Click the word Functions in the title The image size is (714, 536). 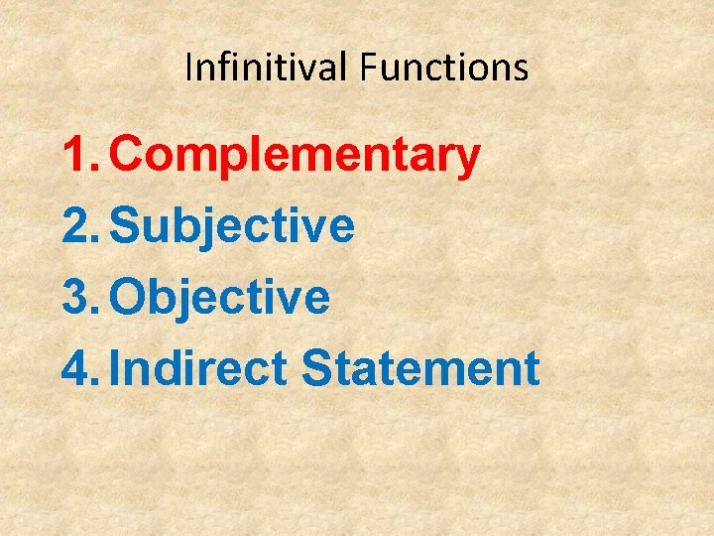click(444, 67)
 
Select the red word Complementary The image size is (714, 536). click(296, 155)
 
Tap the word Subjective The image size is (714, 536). click(232, 226)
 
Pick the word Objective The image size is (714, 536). click(220, 297)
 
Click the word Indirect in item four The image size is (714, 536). click(198, 368)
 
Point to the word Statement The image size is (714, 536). click(420, 368)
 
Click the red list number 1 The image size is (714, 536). click(77, 155)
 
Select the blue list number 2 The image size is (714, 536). click(77, 226)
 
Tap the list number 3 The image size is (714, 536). click(77, 297)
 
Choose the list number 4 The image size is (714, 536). click(77, 368)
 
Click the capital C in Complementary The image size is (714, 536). click(128, 155)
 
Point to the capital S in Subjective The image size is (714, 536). click(126, 226)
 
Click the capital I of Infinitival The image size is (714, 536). click(189, 67)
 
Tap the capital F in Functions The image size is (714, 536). click(368, 67)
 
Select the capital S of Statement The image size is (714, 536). click(316, 368)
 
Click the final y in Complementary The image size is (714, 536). click(468, 159)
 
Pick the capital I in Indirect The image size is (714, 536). click(117, 368)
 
